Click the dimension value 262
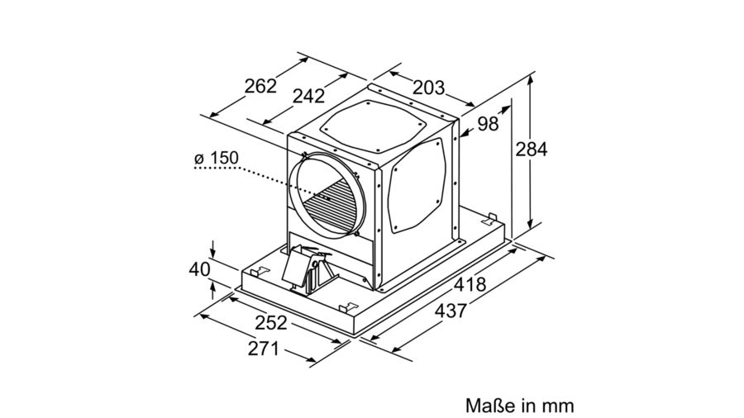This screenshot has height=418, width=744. pyautogui.click(x=260, y=86)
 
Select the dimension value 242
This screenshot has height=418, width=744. pyautogui.click(x=308, y=96)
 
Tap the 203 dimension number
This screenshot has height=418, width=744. pyautogui.click(x=428, y=88)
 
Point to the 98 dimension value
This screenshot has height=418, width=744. pyautogui.click(x=488, y=124)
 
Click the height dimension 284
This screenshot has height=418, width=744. pyautogui.click(x=532, y=150)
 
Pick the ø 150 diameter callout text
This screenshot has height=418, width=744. pyautogui.click(x=217, y=159)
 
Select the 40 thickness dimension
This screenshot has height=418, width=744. pyautogui.click(x=199, y=269)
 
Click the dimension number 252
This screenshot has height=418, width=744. pyautogui.click(x=271, y=323)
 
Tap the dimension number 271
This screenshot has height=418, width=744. pyautogui.click(x=264, y=349)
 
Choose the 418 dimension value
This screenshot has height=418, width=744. pyautogui.click(x=470, y=284)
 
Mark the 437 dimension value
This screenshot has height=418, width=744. pyautogui.click(x=451, y=311)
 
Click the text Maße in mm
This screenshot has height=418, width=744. pyautogui.click(x=520, y=406)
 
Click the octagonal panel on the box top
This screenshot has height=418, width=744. pyautogui.click(x=373, y=126)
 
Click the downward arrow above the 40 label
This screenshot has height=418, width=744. pyautogui.click(x=213, y=249)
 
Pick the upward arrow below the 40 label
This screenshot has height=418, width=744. pyautogui.click(x=213, y=290)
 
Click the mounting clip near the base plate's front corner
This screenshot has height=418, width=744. pyautogui.click(x=348, y=307)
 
